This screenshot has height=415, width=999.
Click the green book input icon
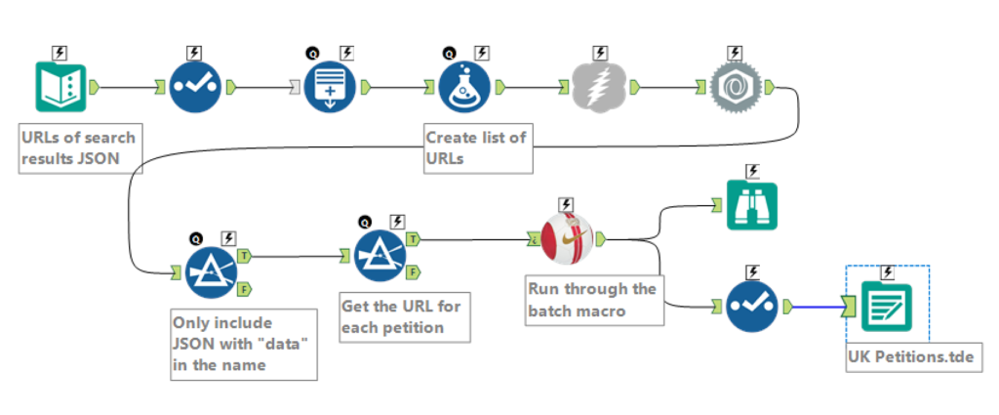pos(60,88)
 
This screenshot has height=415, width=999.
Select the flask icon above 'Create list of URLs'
pos(463,87)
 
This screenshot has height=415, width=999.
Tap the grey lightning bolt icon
pos(598,88)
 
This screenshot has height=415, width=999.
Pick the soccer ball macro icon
pos(567,238)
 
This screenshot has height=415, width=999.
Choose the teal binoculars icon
pos(751,206)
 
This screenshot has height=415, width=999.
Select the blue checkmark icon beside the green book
pos(195,88)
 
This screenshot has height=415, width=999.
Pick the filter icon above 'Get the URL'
pos(380,256)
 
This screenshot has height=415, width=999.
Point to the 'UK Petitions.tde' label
pos(909,357)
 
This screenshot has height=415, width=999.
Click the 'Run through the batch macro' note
pos(592,300)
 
